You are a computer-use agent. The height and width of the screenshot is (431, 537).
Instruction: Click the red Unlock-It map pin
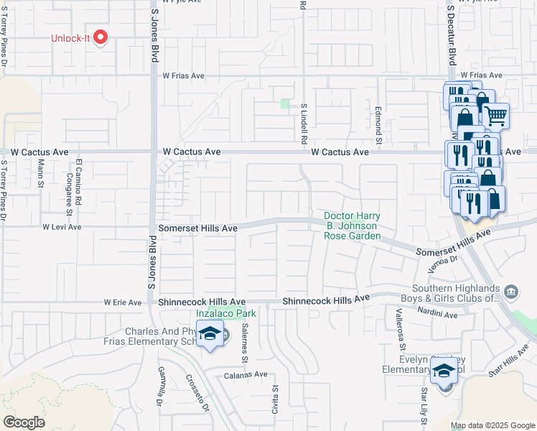tap(101, 37)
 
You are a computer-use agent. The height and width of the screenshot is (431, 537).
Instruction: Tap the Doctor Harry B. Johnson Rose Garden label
tap(352, 226)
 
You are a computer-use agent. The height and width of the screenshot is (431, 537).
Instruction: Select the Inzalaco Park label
tap(226, 313)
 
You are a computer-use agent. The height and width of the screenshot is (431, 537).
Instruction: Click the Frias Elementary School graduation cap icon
tap(210, 334)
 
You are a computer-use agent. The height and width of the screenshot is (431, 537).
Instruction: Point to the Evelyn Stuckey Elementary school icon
tap(444, 372)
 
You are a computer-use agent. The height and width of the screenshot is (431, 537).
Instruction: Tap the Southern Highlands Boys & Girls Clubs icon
tap(511, 292)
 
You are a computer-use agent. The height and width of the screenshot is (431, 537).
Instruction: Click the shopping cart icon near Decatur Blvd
tap(495, 114)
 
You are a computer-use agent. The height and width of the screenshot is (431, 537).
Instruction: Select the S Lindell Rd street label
tap(304, 119)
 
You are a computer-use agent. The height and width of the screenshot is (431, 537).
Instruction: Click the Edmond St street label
tap(378, 122)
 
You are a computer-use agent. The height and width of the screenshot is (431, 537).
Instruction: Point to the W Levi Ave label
tap(62, 227)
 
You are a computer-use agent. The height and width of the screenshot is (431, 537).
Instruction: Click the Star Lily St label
tap(424, 404)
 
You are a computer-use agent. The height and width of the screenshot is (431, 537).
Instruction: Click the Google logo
tap(24, 422)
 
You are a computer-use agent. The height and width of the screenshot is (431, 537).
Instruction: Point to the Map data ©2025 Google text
tap(492, 425)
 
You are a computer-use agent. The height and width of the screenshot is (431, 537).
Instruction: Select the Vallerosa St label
tap(402, 326)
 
